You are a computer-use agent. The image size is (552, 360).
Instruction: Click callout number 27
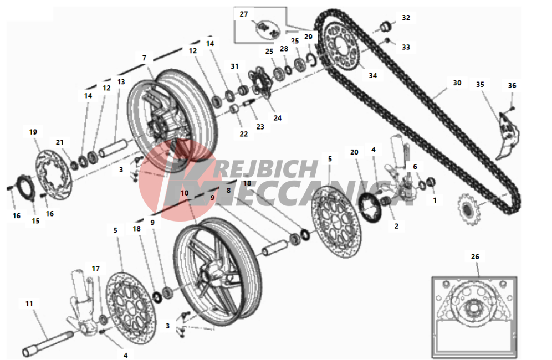coord(244,14)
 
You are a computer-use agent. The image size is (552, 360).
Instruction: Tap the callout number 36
coord(512,85)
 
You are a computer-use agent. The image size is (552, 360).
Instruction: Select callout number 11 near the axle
coord(29,304)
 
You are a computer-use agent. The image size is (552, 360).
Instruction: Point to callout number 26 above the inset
coord(475,256)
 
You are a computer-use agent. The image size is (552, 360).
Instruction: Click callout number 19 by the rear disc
coord(33,132)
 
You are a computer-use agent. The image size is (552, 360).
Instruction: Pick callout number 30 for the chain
coord(457,83)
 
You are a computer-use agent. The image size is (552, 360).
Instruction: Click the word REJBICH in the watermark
coord(266,169)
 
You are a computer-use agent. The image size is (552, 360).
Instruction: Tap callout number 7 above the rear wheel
coord(144,58)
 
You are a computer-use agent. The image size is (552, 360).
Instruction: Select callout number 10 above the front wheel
coord(185,193)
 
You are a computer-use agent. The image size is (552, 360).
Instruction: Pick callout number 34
coord(373,76)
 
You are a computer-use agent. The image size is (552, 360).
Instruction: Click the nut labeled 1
coord(431,183)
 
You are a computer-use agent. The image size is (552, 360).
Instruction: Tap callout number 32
coord(406,18)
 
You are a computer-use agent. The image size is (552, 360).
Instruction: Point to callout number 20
coord(354,152)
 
